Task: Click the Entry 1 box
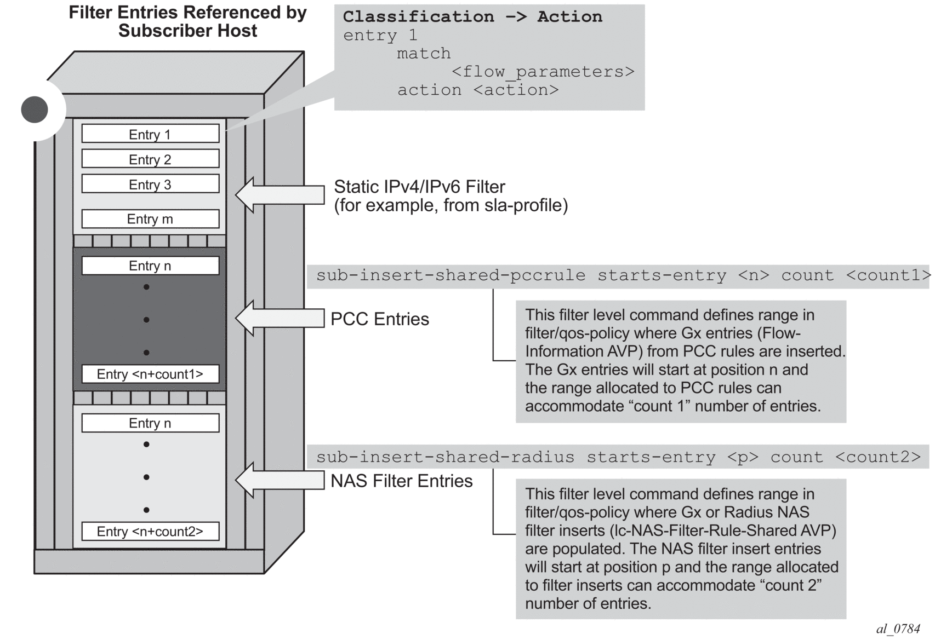point(150,134)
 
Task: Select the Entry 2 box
point(150,159)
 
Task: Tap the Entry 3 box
point(150,184)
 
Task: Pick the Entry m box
point(150,219)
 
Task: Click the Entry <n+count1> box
point(150,374)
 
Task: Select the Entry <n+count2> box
point(150,531)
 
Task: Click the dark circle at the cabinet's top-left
point(35,109)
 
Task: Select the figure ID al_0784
point(898,629)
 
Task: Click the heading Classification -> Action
point(472,17)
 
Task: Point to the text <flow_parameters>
point(543,72)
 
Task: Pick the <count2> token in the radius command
point(877,457)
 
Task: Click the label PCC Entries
point(380,319)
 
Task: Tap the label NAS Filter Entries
point(401,481)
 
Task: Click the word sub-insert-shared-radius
point(445,457)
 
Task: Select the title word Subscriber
point(167,31)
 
